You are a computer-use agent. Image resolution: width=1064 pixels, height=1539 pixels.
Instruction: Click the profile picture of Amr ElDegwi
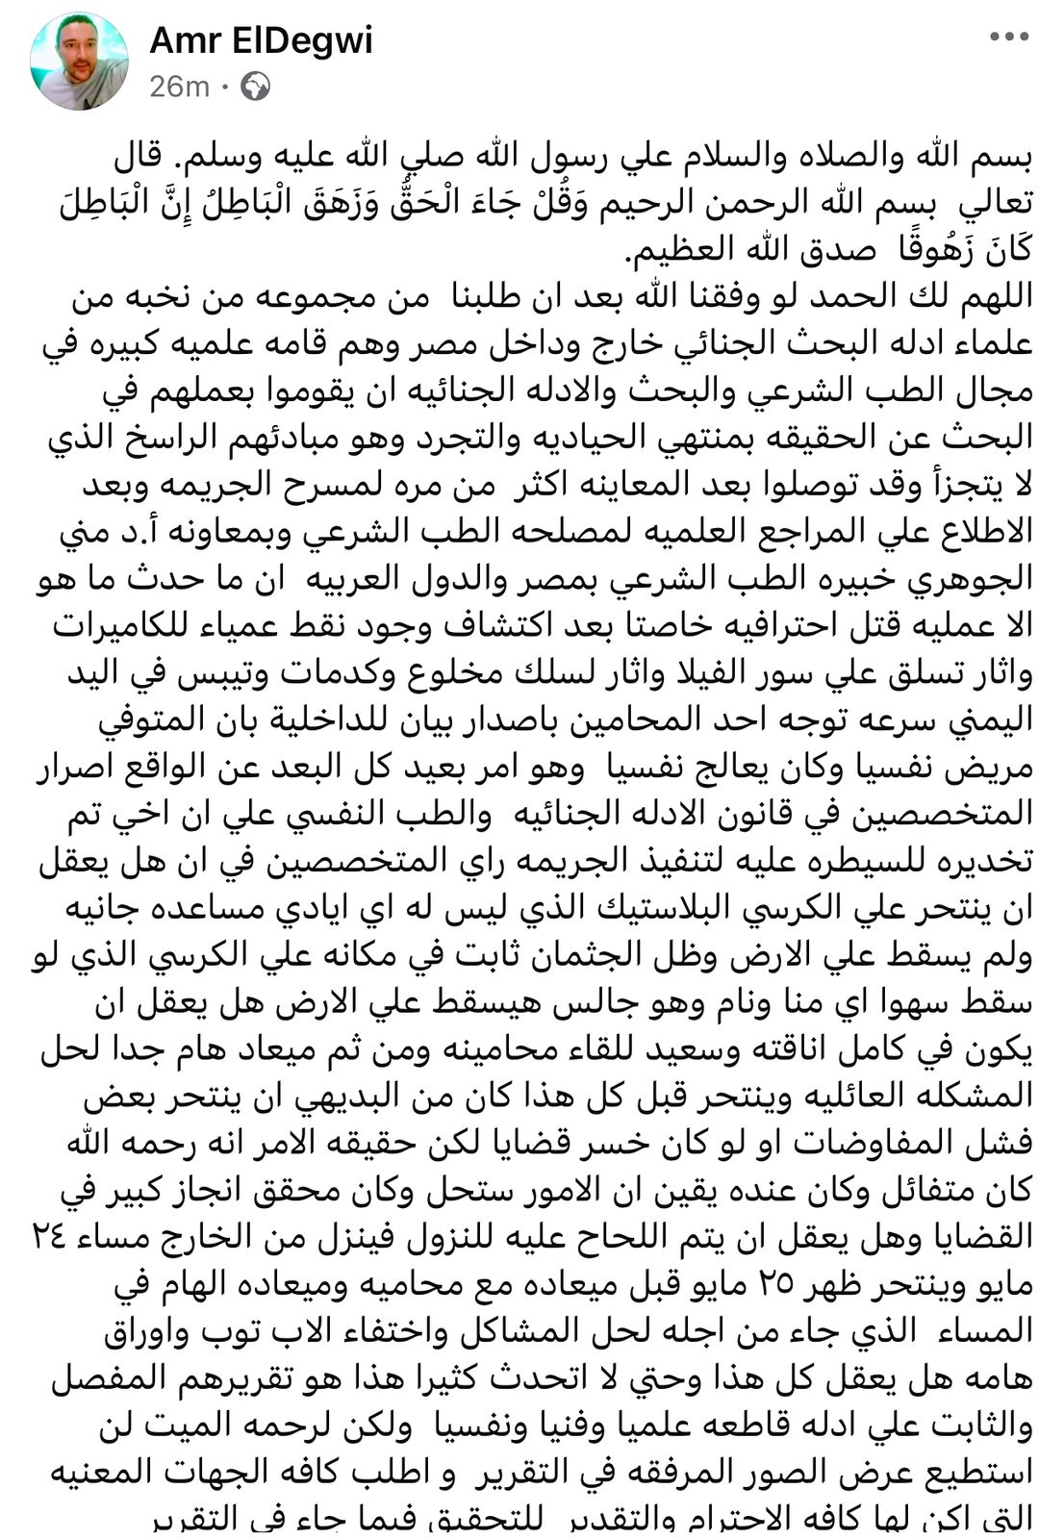click(79, 63)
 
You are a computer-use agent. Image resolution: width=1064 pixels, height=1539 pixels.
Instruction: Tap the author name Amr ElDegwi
click(261, 40)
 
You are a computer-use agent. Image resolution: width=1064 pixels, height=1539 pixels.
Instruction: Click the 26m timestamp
click(179, 88)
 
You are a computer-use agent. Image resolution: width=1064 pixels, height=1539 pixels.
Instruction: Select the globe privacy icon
click(255, 88)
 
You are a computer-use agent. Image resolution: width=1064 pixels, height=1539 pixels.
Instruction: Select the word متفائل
click(947, 1191)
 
